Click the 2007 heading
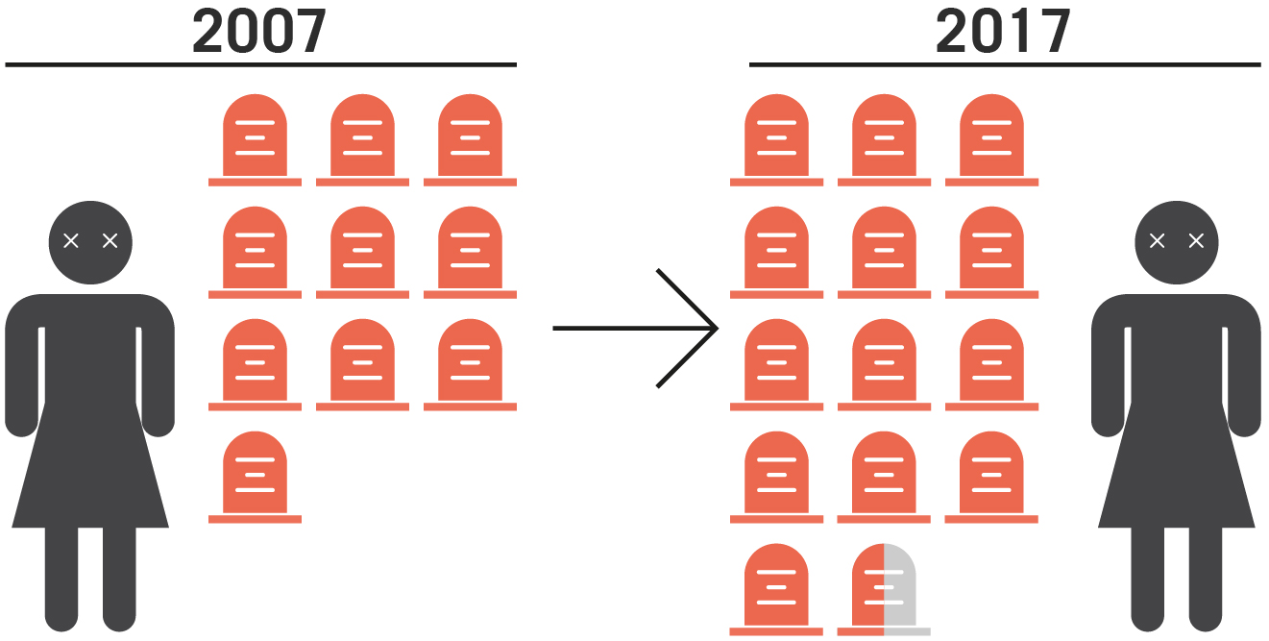point(259,31)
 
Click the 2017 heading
point(1003,31)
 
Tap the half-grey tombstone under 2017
point(884,588)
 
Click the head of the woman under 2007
point(90,242)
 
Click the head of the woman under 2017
point(1177,242)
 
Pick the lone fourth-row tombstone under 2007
point(255,476)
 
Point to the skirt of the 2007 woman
point(90,471)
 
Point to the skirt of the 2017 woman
point(1177,471)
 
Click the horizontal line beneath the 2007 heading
point(259,65)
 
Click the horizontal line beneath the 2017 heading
point(1003,65)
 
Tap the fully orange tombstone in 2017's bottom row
point(776,588)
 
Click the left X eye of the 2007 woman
point(70,240)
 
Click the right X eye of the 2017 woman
point(1196,240)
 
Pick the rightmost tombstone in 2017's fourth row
point(991,476)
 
